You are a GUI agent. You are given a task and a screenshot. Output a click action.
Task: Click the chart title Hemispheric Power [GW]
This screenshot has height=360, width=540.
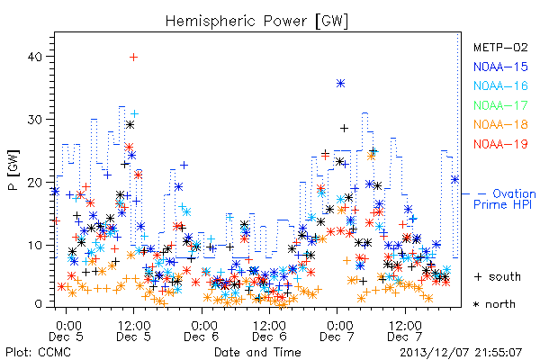256,22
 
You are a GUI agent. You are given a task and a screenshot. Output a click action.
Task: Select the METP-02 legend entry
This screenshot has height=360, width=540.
500,47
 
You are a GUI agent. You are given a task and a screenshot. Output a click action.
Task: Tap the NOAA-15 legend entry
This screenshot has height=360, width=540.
500,67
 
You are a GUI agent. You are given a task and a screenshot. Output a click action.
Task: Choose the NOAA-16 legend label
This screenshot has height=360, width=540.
500,85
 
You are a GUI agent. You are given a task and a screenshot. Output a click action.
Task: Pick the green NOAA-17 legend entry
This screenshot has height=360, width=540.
500,105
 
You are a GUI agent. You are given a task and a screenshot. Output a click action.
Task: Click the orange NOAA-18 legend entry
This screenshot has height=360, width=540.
500,124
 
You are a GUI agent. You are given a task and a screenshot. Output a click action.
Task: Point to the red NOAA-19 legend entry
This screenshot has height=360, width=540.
500,144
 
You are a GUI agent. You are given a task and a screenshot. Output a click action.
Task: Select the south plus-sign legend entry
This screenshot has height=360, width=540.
498,276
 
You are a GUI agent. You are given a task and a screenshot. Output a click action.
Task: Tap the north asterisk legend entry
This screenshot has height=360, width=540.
494,304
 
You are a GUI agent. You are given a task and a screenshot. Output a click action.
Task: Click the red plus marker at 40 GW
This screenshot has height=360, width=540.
133,57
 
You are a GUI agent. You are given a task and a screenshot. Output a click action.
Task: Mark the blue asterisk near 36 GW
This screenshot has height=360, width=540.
340,84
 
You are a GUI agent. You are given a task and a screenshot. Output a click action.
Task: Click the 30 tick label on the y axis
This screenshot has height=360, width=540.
35,120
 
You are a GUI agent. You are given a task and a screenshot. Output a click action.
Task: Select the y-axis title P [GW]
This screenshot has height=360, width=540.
14,170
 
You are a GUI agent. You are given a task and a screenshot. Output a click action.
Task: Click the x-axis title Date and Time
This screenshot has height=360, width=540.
257,352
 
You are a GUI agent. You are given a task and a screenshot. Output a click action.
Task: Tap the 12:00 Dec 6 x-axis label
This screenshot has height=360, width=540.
269,331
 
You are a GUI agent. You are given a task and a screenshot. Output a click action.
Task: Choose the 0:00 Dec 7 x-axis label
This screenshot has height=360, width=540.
337,331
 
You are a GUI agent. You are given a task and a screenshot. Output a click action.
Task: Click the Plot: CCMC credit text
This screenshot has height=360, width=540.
38,352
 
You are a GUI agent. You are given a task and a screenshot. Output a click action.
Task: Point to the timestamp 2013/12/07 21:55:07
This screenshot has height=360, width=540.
461,352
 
